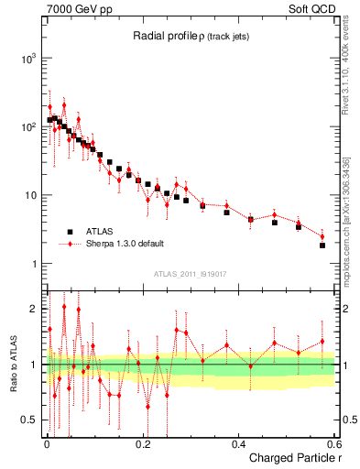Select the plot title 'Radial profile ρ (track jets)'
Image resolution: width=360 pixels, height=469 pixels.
[191, 36]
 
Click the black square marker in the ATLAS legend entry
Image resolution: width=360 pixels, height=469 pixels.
[70, 232]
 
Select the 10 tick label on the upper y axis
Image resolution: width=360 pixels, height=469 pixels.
[29, 195]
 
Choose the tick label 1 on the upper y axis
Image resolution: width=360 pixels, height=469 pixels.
[33, 264]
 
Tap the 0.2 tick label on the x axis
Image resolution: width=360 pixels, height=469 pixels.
[142, 444]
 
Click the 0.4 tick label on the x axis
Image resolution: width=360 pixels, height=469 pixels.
[238, 444]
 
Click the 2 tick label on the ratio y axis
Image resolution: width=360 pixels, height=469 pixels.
[33, 309]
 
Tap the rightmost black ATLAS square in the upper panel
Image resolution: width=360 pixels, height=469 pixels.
[322, 245]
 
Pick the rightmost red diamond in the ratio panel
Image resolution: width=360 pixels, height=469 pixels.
[322, 342]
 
